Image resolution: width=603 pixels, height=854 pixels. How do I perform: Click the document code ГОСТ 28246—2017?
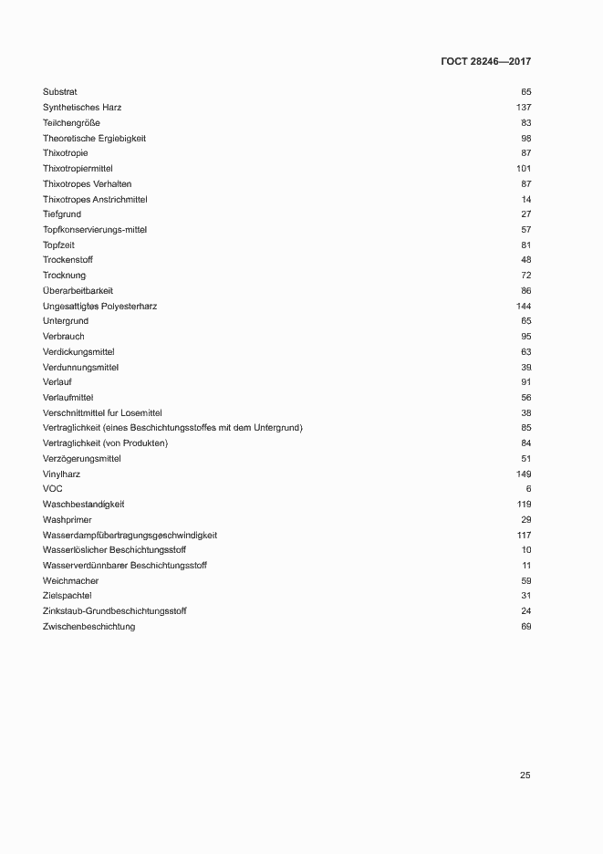click(485, 62)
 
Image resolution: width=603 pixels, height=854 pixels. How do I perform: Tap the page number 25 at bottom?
click(525, 776)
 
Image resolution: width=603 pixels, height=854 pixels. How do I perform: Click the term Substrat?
click(60, 92)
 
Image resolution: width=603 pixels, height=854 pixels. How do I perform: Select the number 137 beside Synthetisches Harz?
click(524, 108)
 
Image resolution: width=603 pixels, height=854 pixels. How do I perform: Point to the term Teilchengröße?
click(71, 123)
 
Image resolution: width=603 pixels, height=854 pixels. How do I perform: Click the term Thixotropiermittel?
click(83, 169)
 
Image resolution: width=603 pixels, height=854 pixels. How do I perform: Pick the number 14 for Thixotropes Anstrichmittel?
click(526, 199)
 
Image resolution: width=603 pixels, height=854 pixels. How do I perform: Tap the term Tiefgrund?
click(62, 214)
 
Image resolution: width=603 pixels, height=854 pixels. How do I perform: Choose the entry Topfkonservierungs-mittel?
click(95, 230)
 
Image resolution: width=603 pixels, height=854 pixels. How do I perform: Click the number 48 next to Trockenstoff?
click(526, 260)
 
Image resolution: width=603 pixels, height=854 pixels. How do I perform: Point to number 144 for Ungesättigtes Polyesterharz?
click(524, 306)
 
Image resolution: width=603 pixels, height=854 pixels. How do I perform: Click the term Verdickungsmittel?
click(78, 352)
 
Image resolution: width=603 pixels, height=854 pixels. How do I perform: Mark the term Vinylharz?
click(62, 474)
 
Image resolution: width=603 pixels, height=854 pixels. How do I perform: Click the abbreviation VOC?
click(53, 489)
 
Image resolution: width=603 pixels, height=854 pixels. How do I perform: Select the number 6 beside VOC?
click(528, 489)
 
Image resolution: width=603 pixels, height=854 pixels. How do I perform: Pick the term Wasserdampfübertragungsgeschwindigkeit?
click(130, 535)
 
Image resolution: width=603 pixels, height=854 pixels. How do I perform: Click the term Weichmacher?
click(70, 581)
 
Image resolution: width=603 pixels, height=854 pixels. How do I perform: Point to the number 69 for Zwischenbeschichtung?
click(526, 627)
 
